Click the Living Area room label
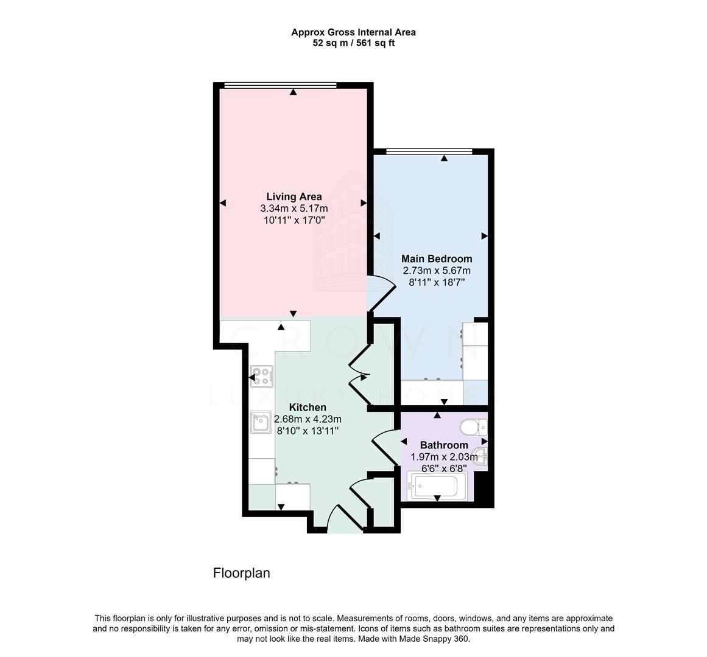click(294, 196)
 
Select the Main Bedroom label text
click(436, 259)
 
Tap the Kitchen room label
click(308, 408)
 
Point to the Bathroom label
click(444, 445)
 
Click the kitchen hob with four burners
click(262, 377)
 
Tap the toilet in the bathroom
click(474, 428)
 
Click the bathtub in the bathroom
click(436, 487)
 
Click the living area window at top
click(280, 85)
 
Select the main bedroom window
click(429, 151)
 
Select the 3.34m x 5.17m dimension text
click(294, 209)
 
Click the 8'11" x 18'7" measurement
click(436, 282)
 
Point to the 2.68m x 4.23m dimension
click(308, 419)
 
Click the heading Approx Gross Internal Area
click(353, 32)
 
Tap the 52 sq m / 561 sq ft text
click(353, 43)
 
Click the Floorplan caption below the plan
click(241, 573)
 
